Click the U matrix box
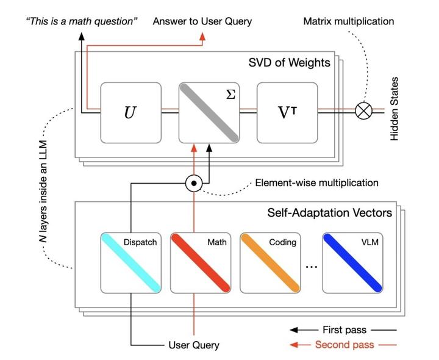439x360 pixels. (130, 113)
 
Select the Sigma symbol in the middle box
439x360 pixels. (230, 95)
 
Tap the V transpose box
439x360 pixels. (287, 113)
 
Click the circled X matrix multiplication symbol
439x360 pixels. (364, 112)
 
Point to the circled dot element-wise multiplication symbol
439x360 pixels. (193, 182)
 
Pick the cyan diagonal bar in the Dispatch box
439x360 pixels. (130, 262)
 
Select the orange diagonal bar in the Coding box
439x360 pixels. (270, 262)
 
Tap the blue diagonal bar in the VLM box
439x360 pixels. (352, 262)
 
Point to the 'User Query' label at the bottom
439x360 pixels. (193, 345)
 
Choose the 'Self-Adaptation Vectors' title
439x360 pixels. (330, 213)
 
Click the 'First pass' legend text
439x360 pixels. (345, 330)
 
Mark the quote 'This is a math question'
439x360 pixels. (80, 21)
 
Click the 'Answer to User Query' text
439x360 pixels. (202, 21)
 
